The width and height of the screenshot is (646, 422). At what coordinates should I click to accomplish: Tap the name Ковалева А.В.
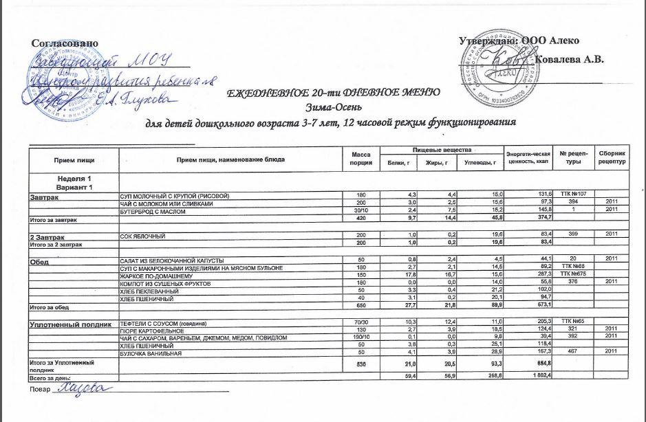tap(569, 60)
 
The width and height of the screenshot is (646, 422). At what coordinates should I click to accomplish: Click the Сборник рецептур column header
tap(612, 159)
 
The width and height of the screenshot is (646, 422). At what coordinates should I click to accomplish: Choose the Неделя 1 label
tap(74, 179)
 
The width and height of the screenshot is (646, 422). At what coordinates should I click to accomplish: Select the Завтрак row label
tap(44, 197)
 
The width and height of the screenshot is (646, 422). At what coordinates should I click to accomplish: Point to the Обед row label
tap(39, 262)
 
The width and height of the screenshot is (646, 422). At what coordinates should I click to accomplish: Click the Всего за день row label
tap(49, 378)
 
